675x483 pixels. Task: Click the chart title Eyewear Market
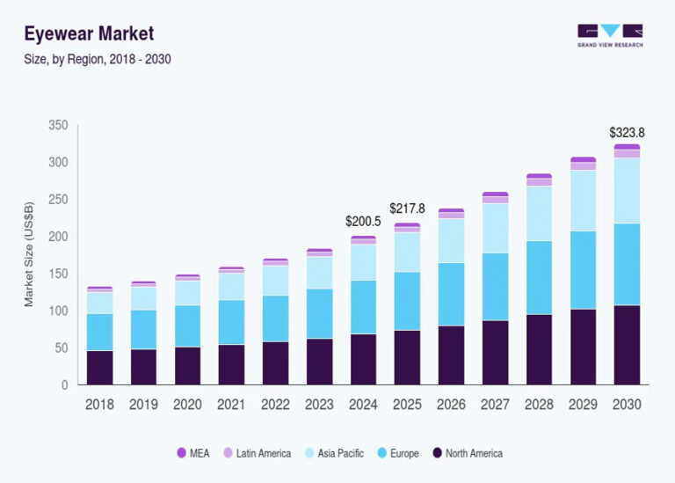[x=89, y=34]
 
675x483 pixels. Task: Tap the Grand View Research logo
[x=610, y=35]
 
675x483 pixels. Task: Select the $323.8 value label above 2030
[x=627, y=133]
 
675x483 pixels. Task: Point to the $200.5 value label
[x=363, y=222]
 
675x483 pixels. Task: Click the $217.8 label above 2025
[x=407, y=209]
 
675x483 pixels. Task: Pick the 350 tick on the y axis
[x=57, y=126]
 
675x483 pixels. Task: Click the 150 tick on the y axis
[x=57, y=274]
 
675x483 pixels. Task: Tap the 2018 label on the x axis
[x=99, y=405]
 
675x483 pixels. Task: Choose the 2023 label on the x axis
[x=319, y=405]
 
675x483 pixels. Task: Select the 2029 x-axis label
[x=583, y=405]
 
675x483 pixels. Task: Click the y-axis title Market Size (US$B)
[x=29, y=255]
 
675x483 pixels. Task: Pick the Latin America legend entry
[x=257, y=453]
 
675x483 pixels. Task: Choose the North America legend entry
[x=467, y=453]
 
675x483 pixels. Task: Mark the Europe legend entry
[x=397, y=453]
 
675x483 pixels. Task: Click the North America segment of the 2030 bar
[x=627, y=345]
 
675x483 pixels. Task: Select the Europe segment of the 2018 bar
[x=99, y=332]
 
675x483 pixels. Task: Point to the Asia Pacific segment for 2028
[x=539, y=213]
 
